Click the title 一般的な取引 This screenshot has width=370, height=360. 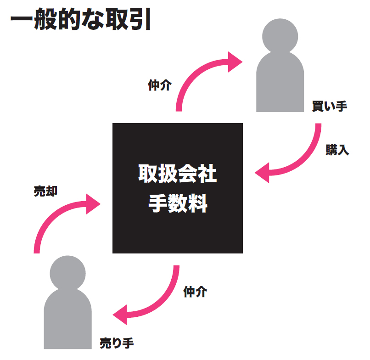80,21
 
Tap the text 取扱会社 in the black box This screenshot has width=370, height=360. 178,174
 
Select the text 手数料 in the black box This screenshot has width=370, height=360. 178,203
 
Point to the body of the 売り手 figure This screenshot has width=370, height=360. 67,321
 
